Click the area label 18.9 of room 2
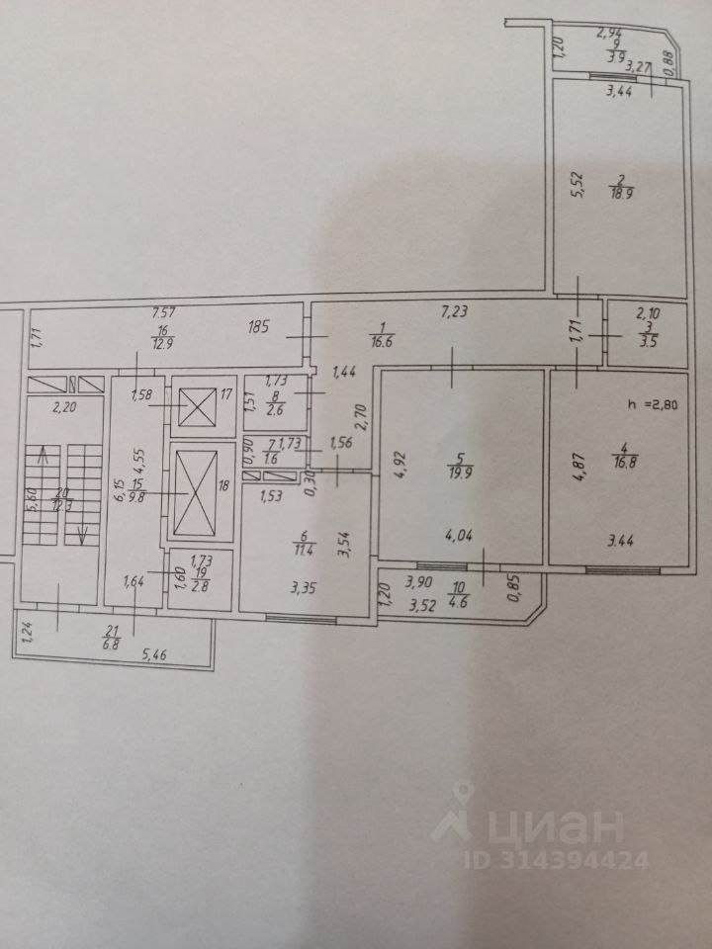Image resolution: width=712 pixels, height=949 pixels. click(621, 194)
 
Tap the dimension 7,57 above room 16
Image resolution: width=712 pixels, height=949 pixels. click(157, 312)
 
